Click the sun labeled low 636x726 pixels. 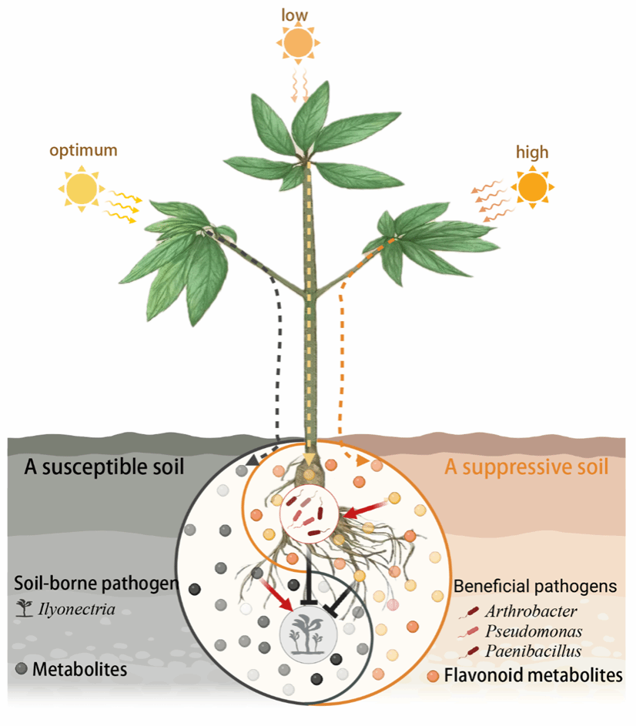pos(296,44)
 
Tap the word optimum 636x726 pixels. pos(85,150)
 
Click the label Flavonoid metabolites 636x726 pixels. pos(534,676)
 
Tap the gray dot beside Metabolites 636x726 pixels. pos(22,668)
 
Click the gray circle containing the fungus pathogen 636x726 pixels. pos(309,635)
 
